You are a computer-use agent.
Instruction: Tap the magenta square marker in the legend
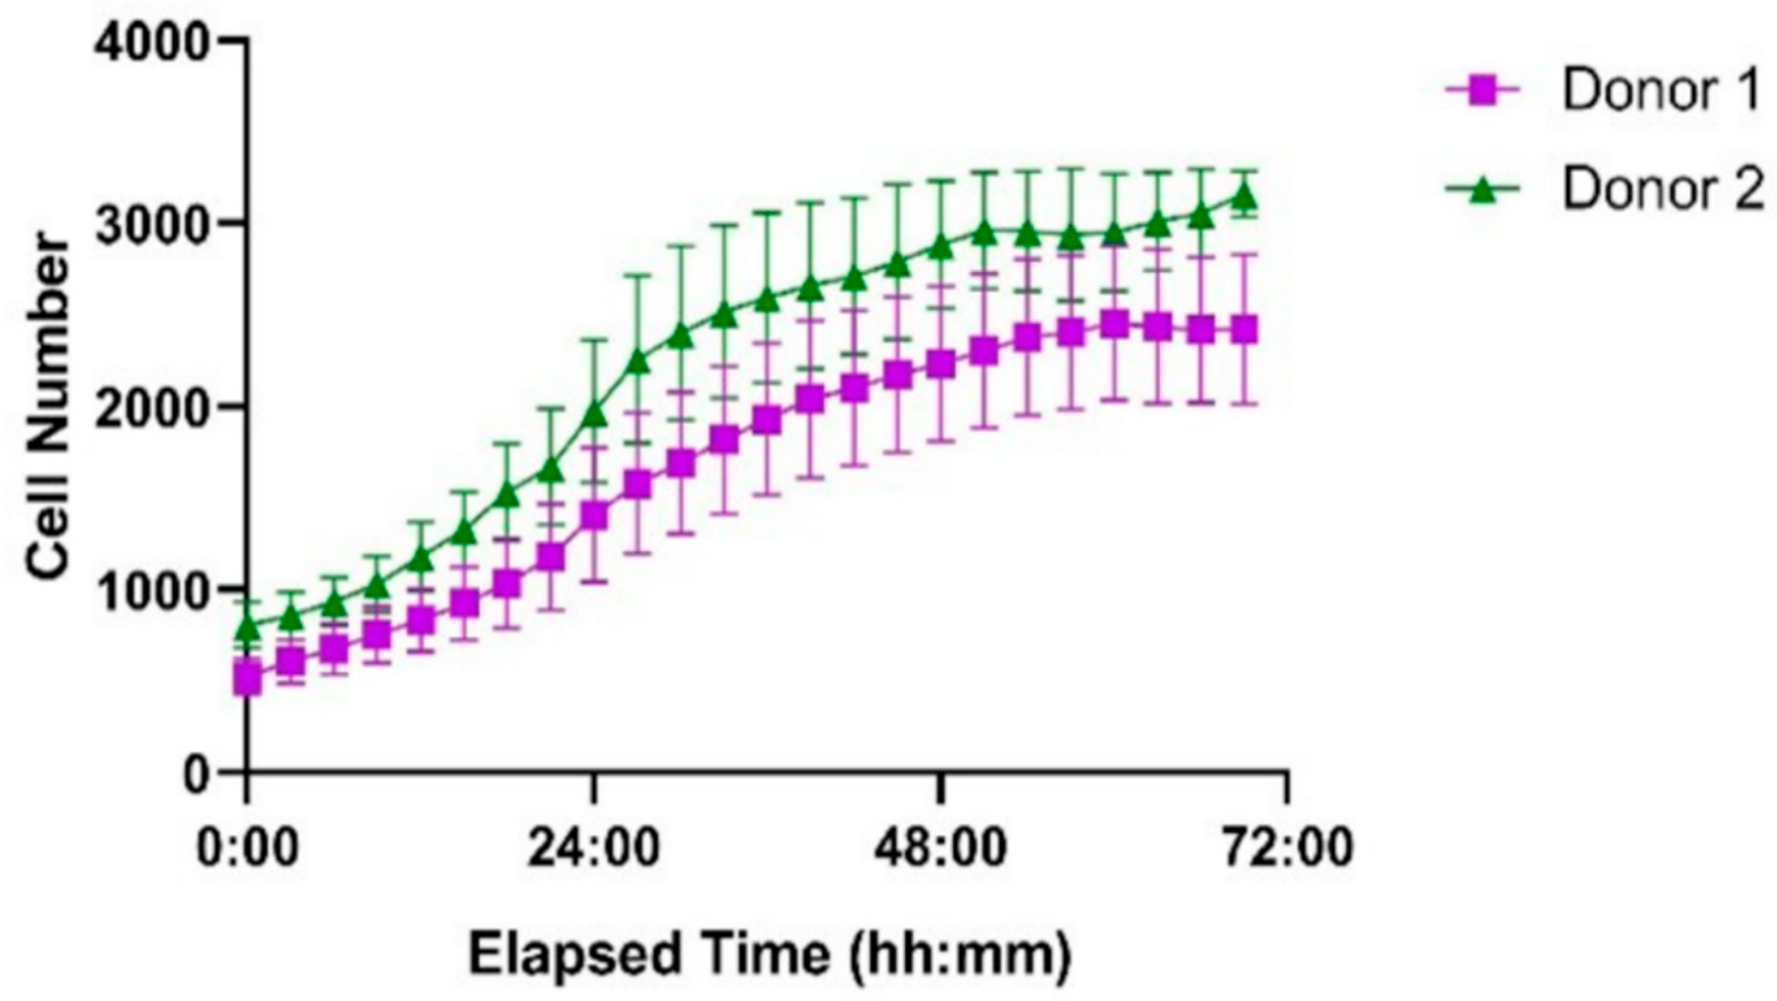coord(1482,92)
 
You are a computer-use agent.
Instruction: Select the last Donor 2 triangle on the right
coord(1245,197)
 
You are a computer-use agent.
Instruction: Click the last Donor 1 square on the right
coord(1245,330)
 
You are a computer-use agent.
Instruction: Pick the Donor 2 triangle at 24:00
coord(594,414)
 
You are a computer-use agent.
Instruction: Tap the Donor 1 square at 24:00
coord(594,515)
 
